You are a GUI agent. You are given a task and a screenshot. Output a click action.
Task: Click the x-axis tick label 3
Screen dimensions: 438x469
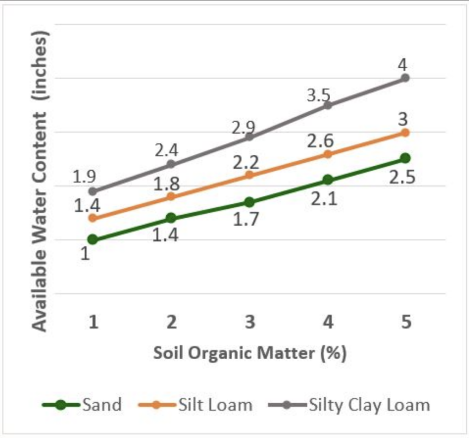[x=250, y=323]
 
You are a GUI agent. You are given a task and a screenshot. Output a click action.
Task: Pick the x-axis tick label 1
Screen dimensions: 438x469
[x=93, y=323]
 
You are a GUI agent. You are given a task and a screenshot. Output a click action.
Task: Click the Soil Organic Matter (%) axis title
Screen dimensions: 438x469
[x=250, y=353]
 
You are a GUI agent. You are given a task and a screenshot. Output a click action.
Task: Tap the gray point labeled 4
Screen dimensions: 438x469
[x=405, y=78]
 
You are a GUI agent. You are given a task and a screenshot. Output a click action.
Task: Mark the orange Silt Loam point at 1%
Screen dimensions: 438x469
[x=93, y=218]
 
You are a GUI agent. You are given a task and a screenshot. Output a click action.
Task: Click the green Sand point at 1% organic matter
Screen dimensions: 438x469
[x=93, y=239]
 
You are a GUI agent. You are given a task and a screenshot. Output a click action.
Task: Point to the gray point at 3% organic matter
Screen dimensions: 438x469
[x=249, y=137]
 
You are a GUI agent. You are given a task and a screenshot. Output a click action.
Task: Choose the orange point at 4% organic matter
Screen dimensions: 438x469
[x=327, y=154]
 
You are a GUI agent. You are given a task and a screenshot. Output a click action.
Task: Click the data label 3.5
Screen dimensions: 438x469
[x=318, y=96]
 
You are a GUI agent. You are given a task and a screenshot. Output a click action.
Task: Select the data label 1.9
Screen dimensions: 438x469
[x=84, y=177]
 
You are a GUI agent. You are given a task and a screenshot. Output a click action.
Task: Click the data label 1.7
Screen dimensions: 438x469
[x=246, y=220]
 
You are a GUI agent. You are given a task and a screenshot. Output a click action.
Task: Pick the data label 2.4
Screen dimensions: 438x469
[x=166, y=150]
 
